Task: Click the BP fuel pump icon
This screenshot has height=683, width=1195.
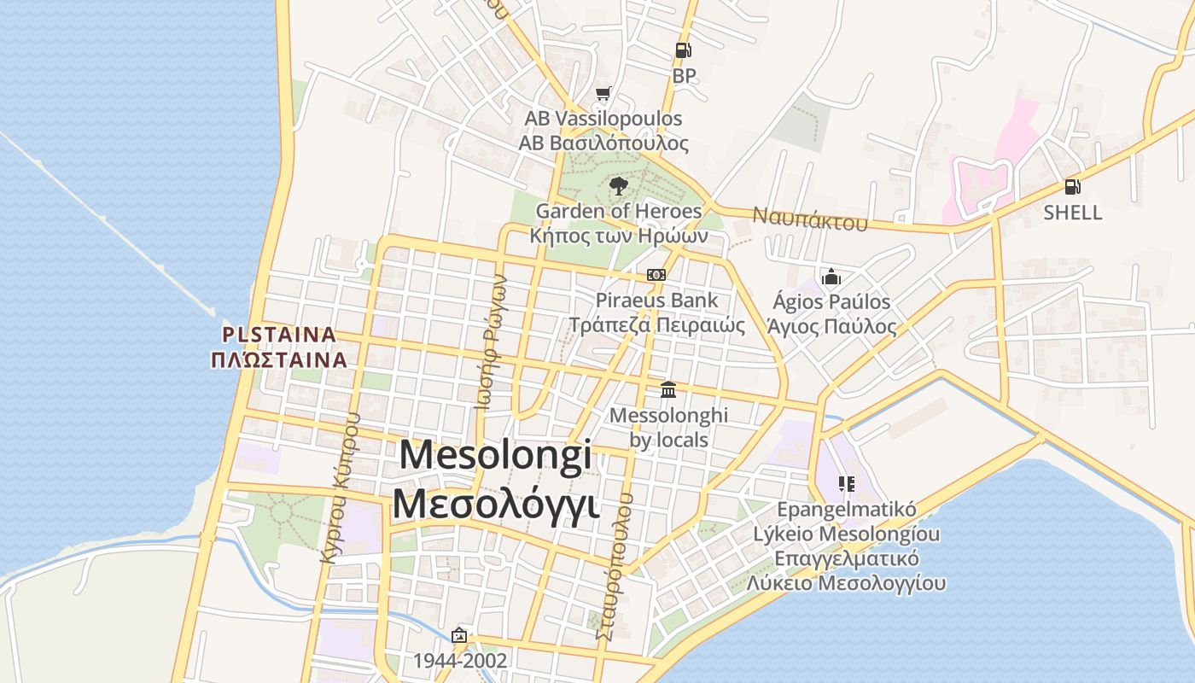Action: [x=683, y=50]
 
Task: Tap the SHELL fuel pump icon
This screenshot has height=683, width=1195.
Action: [x=1072, y=187]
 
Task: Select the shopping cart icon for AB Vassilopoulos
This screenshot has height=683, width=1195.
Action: [x=603, y=93]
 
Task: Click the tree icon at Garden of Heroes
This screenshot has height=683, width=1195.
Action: [x=619, y=185]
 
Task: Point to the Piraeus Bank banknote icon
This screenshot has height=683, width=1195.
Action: [x=656, y=275]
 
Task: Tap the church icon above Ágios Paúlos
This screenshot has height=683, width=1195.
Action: [x=831, y=277]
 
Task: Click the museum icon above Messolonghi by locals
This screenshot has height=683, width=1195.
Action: [x=668, y=389]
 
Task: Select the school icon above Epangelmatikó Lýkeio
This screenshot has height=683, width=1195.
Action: [x=846, y=484]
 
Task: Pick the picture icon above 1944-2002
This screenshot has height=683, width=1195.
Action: [x=459, y=635]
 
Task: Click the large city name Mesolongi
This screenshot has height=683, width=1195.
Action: [x=495, y=455]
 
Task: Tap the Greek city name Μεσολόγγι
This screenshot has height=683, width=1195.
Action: [x=495, y=504]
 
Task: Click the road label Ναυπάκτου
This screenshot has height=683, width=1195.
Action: [x=809, y=219]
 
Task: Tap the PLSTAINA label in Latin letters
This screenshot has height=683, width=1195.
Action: [x=279, y=334]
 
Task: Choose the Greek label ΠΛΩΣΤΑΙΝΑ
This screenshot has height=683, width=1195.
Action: [x=279, y=359]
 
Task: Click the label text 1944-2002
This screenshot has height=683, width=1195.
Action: [x=460, y=661]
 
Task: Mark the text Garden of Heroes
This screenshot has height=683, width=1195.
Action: [x=619, y=211]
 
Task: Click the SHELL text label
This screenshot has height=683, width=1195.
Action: [x=1072, y=213]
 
